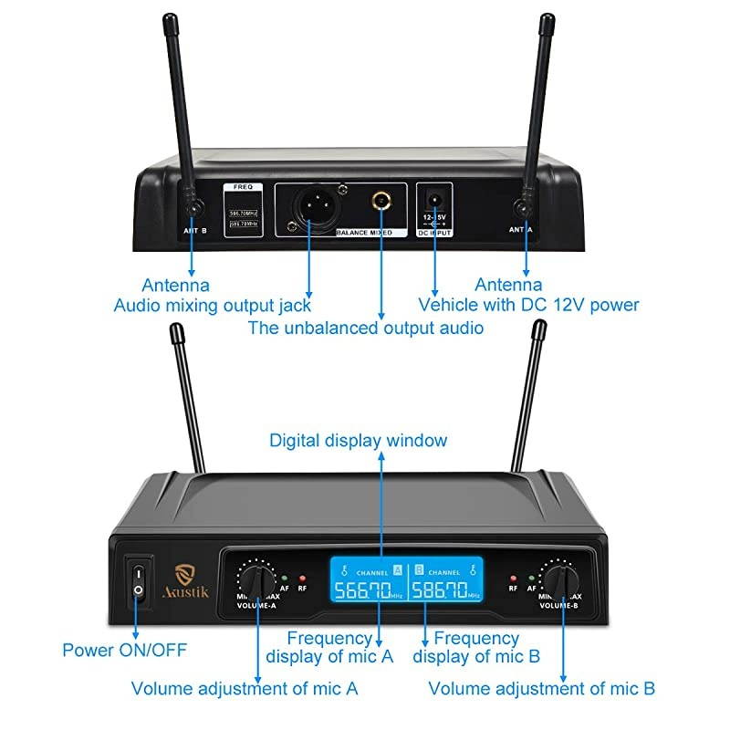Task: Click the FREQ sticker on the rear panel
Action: pos(243,210)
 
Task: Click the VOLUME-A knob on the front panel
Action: pos(256,580)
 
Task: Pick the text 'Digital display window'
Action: pos(358,441)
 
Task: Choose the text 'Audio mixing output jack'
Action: pos(212,306)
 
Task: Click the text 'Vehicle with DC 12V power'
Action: pos(528,306)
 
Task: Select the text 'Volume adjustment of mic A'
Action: pos(245,688)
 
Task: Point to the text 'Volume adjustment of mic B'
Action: pos(541,688)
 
